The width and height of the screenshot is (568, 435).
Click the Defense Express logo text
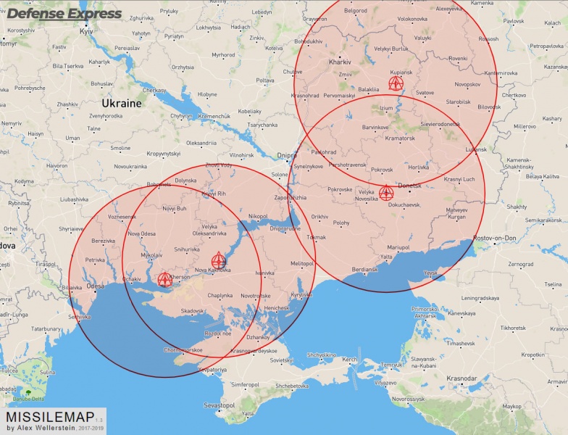(x=64, y=14)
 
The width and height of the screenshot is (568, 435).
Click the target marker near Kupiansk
(x=396, y=83)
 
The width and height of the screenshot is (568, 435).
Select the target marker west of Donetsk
(x=386, y=192)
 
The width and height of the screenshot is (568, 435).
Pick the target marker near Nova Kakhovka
(x=219, y=260)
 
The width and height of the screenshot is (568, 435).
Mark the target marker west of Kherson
(x=164, y=279)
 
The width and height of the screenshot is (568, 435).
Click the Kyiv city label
(x=87, y=32)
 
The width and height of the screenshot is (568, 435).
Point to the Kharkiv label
(x=339, y=62)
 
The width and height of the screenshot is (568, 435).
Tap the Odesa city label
(x=95, y=286)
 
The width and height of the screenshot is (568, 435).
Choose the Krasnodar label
(x=461, y=378)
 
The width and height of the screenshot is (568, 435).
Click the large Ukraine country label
(x=121, y=103)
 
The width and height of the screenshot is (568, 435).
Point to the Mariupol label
(x=398, y=247)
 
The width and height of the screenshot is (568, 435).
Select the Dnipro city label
(x=287, y=155)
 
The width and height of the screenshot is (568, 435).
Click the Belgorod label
(x=355, y=11)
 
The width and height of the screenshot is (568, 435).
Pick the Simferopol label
(x=244, y=384)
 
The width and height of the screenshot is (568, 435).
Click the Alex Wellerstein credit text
(x=42, y=428)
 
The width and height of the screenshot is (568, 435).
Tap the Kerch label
(x=349, y=360)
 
